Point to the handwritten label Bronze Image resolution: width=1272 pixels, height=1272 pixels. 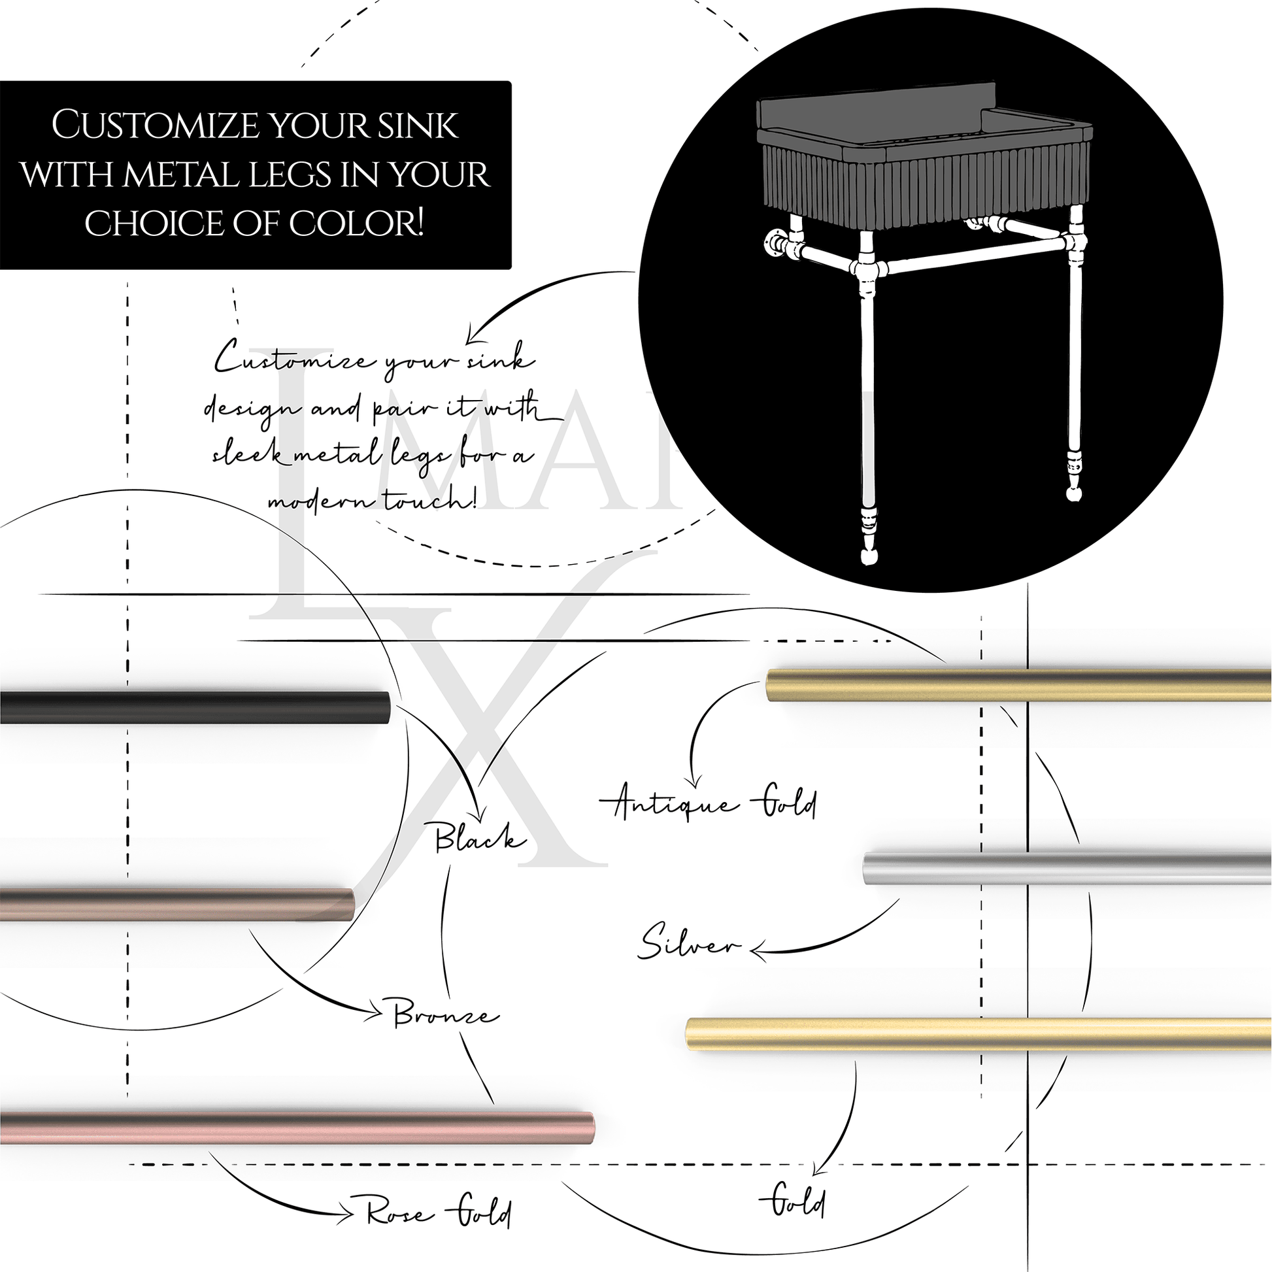(x=445, y=1016)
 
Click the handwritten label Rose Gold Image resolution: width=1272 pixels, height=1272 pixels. (x=439, y=1213)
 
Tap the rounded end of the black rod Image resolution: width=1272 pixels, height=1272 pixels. (x=386, y=707)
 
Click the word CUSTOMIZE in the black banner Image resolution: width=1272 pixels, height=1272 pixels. (x=154, y=125)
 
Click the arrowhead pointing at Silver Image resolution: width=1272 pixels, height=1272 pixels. (x=758, y=950)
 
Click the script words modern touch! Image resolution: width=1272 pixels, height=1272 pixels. (x=372, y=502)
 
